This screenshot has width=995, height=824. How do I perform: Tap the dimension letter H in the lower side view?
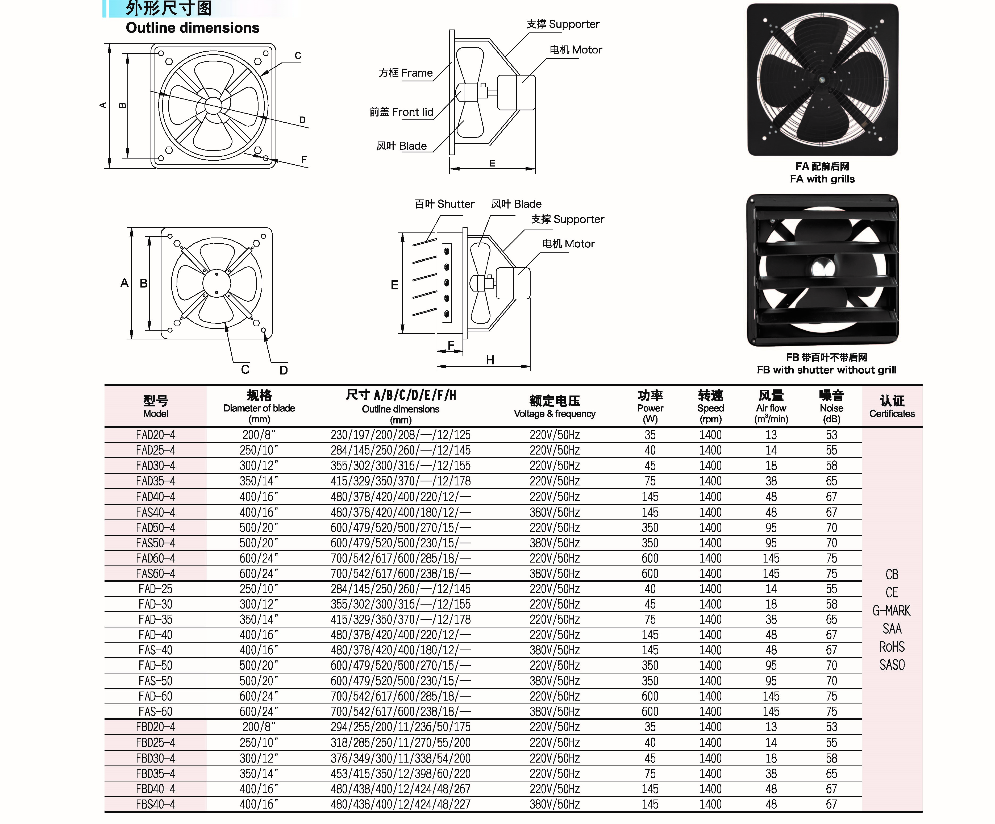[x=490, y=360]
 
